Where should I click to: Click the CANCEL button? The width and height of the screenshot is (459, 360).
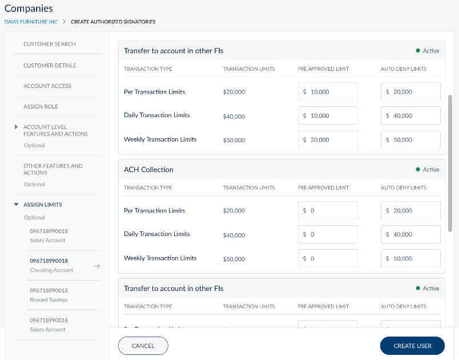coord(143,346)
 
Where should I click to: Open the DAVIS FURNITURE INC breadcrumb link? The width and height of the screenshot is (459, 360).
coord(31,22)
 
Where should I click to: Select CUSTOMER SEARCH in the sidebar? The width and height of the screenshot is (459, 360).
coord(50,44)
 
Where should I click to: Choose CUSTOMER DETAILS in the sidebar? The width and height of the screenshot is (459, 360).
coord(50,65)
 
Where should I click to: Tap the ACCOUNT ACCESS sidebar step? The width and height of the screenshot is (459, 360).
coord(47,86)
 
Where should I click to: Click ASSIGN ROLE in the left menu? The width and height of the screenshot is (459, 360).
coord(41,106)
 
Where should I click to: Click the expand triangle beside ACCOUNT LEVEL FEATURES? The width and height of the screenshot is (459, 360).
coord(16,127)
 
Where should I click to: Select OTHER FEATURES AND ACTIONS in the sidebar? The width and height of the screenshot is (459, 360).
coord(53,169)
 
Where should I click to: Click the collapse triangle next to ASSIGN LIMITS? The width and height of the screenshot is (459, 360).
coord(16,205)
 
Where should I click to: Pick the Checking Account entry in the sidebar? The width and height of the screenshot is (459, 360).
coord(51,265)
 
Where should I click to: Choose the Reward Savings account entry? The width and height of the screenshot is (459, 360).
coord(49,295)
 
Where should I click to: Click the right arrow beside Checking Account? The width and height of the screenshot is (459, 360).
coord(96,266)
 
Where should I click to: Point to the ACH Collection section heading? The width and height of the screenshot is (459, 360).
coord(148,170)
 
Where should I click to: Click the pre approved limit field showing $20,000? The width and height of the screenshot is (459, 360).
coord(328,140)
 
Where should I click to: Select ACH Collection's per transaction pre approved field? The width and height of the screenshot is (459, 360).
coord(328,211)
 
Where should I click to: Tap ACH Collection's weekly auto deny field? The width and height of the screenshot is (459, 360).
coord(410,259)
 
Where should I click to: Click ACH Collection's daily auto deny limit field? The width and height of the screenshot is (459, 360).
coord(410,235)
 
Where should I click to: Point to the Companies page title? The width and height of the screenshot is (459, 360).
coord(29,9)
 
